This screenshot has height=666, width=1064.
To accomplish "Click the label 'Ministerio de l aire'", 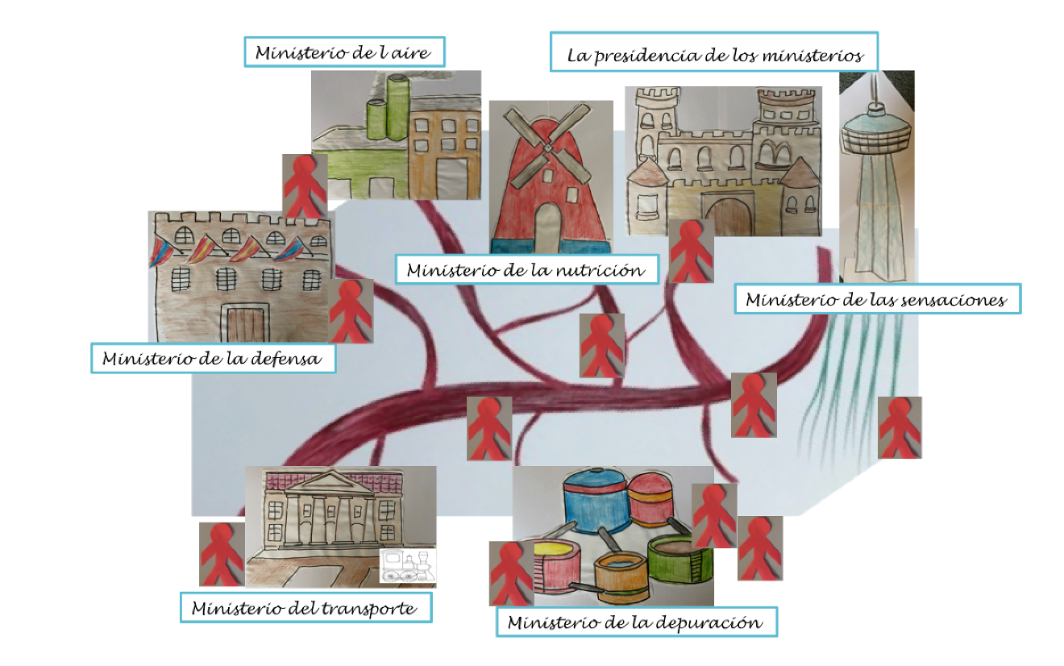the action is tap(344, 52).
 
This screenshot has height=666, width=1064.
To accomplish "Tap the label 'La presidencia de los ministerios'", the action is tap(714, 52).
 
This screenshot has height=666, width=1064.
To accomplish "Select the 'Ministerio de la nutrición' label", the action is tap(527, 269).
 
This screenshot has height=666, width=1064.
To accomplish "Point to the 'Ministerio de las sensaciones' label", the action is tap(877, 299).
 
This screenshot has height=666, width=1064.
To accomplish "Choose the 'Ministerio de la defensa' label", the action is tap(214, 358).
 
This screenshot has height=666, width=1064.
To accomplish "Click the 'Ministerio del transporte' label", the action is tap(306, 607).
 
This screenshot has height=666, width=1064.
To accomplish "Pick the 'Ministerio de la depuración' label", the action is tap(637, 622).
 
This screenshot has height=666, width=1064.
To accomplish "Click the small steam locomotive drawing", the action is tap(408, 566).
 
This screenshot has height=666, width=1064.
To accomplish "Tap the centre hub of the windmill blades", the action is tap(547, 148).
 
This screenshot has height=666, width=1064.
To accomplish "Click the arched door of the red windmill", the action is tap(548, 227).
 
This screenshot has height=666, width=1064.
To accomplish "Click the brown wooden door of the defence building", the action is tap(245, 325).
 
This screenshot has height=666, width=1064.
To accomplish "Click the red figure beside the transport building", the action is tap(222, 555).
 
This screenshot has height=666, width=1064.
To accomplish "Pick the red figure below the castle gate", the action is tap(691, 252).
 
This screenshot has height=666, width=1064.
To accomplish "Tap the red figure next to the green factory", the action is tap(305, 186).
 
